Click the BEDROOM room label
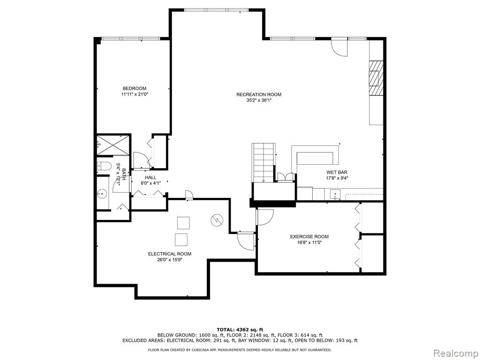point(135,89)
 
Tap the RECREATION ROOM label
point(259,95)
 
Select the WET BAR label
point(337,172)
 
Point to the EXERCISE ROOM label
point(309,237)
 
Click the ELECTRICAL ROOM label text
point(170,254)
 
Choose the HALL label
point(150,178)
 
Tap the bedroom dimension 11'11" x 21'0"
point(135,94)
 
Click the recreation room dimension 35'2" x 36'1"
point(259,100)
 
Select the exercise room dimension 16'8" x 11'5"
point(309,242)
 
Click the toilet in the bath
point(104,166)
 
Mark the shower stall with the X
point(113,145)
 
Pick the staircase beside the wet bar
point(263,163)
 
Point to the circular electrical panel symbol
point(217,220)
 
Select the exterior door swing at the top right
point(340,47)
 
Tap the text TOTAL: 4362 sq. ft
point(240,330)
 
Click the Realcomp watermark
point(455,353)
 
